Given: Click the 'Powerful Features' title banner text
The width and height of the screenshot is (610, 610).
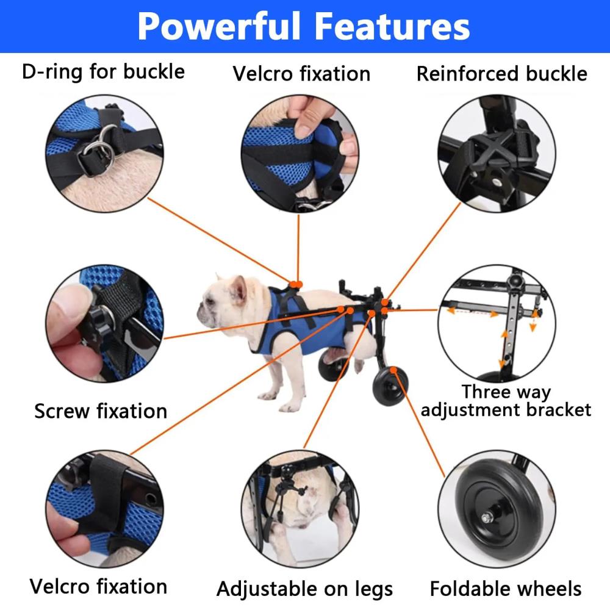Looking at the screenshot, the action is click(x=304, y=26).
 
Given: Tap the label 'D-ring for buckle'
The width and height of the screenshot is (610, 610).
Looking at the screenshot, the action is click(x=103, y=71).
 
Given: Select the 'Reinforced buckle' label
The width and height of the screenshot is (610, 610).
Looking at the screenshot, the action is click(x=502, y=74).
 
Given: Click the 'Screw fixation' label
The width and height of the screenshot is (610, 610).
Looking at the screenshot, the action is click(x=101, y=411).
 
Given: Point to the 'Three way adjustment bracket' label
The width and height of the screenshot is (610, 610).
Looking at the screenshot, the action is click(x=506, y=401).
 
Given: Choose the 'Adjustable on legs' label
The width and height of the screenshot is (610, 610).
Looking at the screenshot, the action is click(x=304, y=589).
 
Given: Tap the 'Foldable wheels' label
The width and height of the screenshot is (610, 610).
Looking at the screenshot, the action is click(x=506, y=589).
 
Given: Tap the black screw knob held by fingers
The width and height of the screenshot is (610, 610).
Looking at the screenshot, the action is click(x=95, y=326).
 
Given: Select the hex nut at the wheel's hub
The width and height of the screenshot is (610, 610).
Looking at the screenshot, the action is click(x=487, y=518).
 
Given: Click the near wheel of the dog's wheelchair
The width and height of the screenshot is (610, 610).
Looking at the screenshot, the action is click(x=390, y=386).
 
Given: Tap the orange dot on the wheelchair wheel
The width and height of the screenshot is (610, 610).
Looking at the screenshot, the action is click(x=393, y=370).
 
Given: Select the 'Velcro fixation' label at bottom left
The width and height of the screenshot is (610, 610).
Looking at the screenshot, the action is click(x=98, y=586).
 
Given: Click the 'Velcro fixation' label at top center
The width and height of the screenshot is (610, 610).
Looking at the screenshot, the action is click(x=301, y=74).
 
